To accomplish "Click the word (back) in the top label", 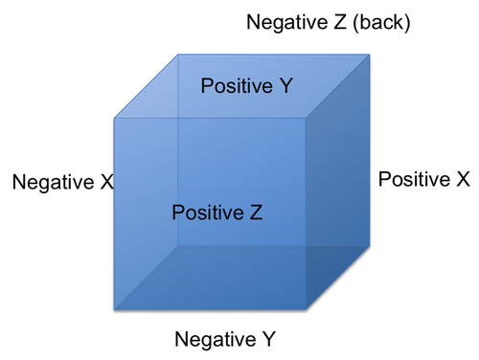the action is (x=381, y=23).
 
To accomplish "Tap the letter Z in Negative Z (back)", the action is (x=339, y=22).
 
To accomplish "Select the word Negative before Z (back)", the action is (x=287, y=22).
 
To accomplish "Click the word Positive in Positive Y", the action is (x=237, y=85).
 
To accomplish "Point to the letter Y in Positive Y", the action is (x=285, y=85).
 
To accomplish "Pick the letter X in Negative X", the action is (x=106, y=182).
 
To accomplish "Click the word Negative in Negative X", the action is (x=53, y=182).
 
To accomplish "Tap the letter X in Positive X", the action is (x=463, y=179).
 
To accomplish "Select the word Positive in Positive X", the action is (x=414, y=179).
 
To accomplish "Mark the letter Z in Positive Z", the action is (x=256, y=213).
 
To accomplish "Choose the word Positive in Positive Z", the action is (x=208, y=213).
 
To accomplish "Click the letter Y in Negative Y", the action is (x=267, y=339).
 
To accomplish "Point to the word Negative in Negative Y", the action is (x=216, y=339).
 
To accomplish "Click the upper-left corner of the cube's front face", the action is (x=114, y=119).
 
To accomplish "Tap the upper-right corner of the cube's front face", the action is (x=306, y=119).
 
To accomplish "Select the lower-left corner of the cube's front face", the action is (x=114, y=309).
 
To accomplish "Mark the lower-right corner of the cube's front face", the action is (x=306, y=309).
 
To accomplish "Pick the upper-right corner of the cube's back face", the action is (x=370, y=55).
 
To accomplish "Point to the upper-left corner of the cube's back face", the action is (x=178, y=55).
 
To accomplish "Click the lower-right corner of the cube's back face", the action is (x=370, y=246).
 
